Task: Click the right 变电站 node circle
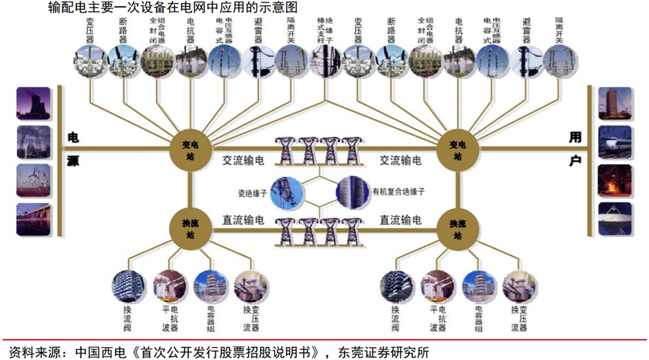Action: [x=456, y=145]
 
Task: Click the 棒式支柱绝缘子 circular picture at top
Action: [x=325, y=60]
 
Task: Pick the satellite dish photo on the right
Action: [x=615, y=219]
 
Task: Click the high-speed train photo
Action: [x=615, y=142]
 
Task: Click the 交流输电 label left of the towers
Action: [x=243, y=160]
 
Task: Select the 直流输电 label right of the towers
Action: [x=401, y=221]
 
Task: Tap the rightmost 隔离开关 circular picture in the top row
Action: [x=559, y=60]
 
